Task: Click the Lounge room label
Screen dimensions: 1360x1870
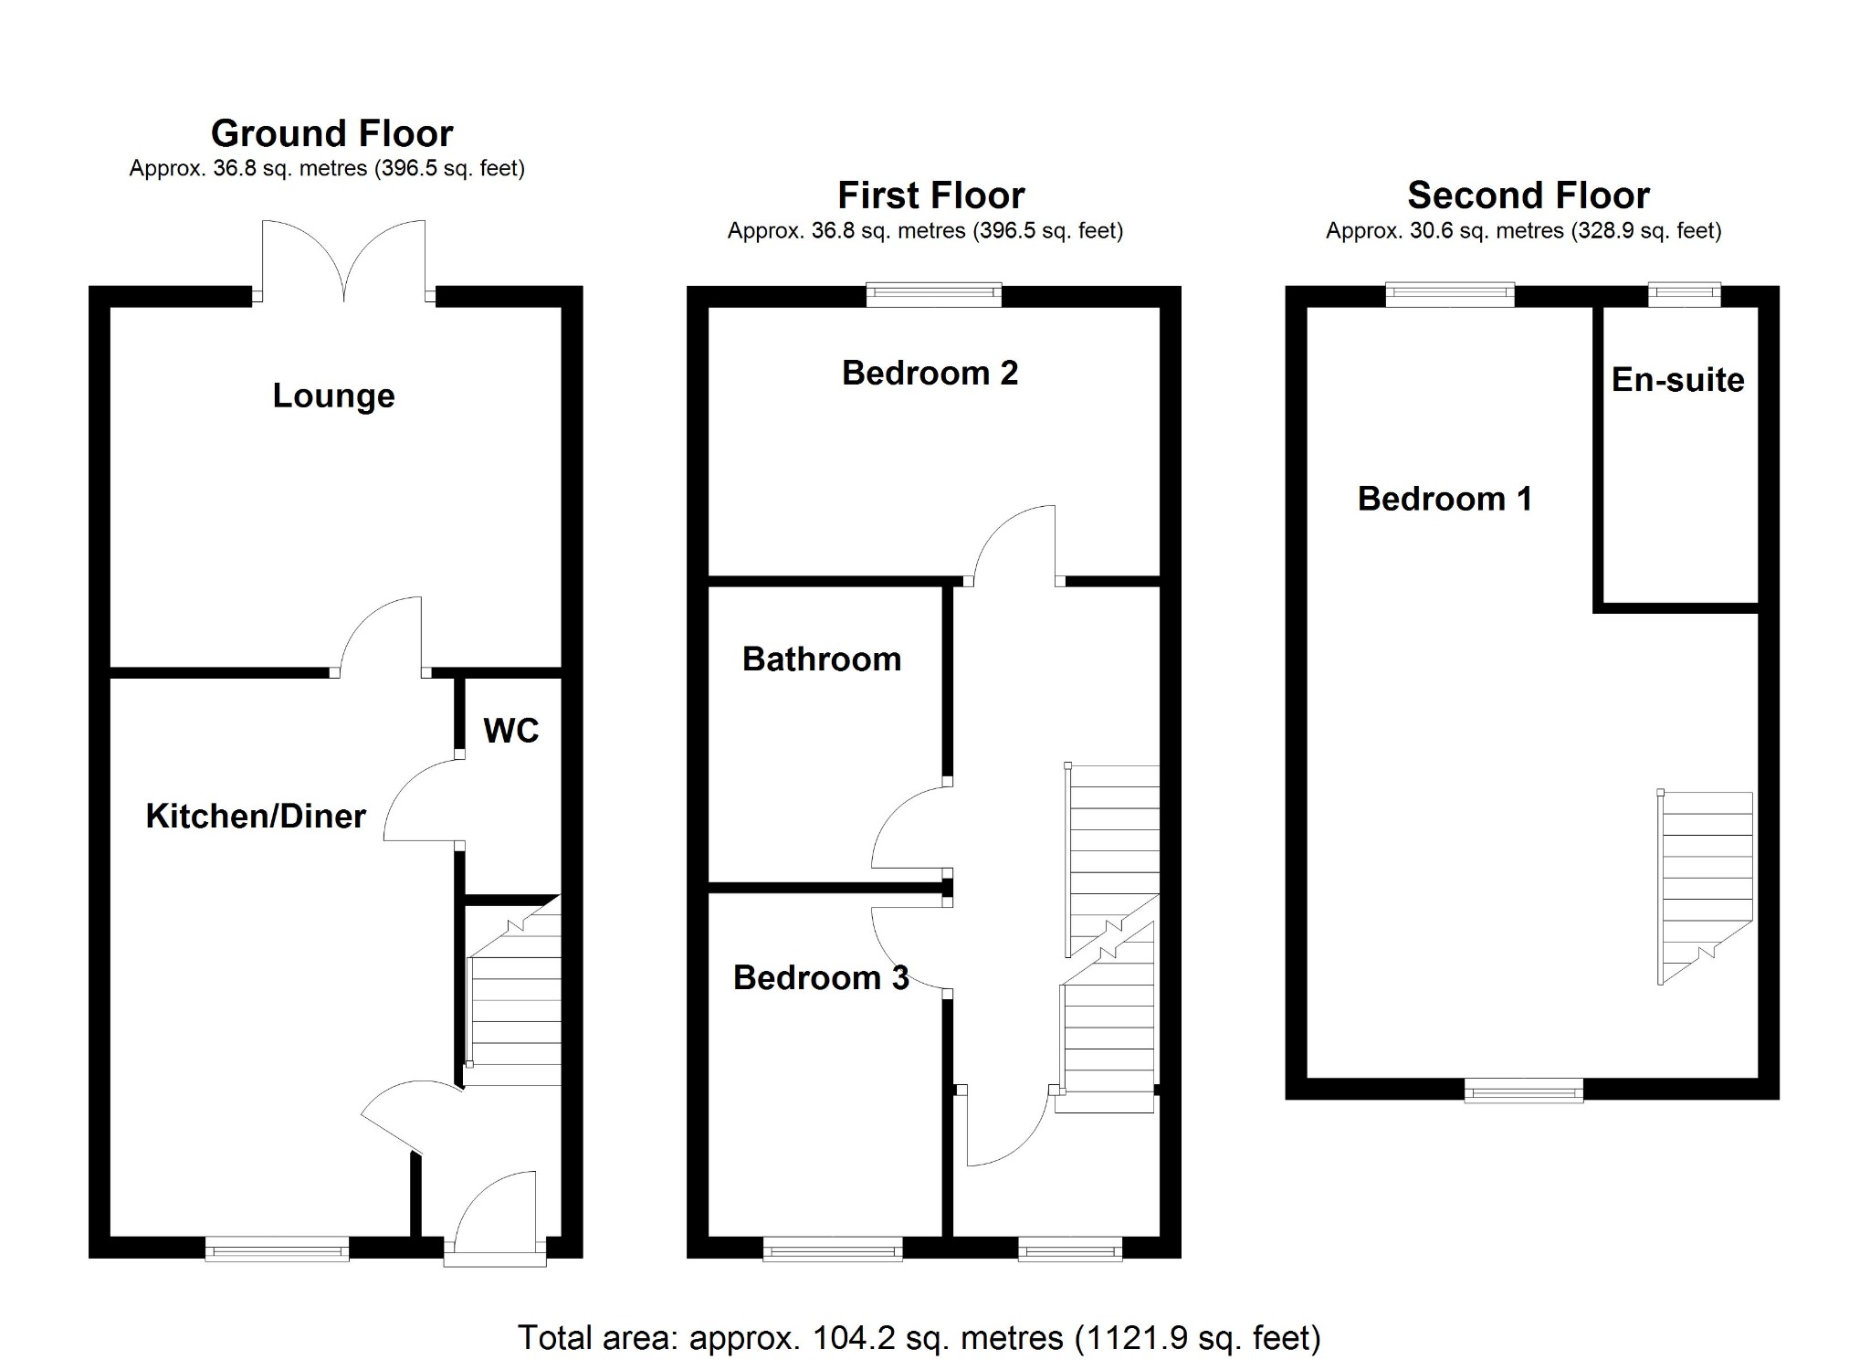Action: tap(333, 395)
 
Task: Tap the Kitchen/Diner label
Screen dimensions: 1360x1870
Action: tap(256, 816)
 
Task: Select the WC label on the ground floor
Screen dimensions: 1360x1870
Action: tap(510, 731)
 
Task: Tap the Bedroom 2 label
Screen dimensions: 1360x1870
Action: tap(929, 373)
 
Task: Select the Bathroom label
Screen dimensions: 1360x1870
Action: tap(821, 659)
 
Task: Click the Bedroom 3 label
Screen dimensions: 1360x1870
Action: tap(820, 978)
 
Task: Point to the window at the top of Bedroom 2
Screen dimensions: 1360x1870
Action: tap(933, 294)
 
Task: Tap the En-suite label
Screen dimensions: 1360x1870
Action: tap(1677, 380)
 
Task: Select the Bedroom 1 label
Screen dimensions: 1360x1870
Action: tap(1444, 499)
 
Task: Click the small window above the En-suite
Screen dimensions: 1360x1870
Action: tap(1684, 294)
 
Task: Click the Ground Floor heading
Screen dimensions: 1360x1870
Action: tap(331, 133)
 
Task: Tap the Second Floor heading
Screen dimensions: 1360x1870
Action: tap(1528, 195)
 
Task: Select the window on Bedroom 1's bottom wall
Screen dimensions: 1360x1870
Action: tap(1523, 1090)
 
